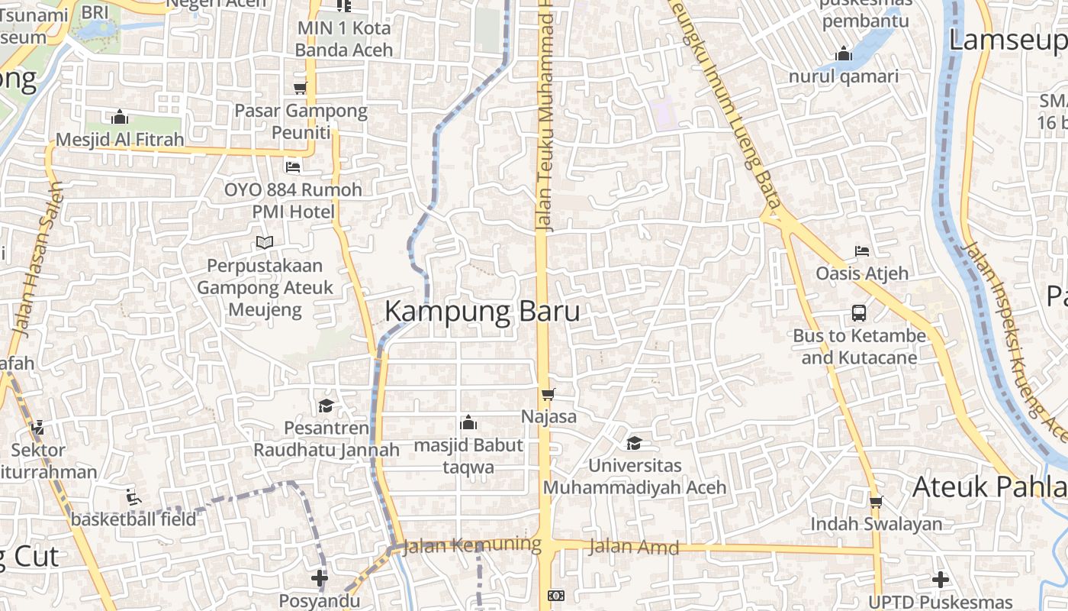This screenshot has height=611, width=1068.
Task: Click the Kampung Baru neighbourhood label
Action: [482, 312]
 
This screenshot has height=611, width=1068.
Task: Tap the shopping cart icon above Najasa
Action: [548, 395]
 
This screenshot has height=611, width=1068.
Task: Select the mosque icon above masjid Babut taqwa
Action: [468, 422]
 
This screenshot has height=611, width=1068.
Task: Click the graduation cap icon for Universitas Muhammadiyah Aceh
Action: [634, 443]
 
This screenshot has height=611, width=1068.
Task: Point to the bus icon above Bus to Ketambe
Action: [859, 312]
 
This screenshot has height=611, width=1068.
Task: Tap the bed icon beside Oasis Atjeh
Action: [862, 251]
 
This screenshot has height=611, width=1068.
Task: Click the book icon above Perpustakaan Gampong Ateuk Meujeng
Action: [265, 242]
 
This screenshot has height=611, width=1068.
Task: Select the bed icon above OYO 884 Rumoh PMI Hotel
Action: [293, 166]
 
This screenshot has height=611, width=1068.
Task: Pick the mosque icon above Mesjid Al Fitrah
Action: [120, 118]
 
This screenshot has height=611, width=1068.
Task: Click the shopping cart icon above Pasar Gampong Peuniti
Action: [301, 88]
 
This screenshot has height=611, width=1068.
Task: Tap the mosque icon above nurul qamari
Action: [844, 54]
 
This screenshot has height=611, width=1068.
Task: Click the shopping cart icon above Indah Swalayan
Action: [876, 502]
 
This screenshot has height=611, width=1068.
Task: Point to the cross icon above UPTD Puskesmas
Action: [941, 580]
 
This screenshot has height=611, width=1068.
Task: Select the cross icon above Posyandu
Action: [320, 578]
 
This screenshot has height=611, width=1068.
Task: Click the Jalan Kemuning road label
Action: [471, 545]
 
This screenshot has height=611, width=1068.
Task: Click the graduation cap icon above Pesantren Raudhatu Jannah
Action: [327, 406]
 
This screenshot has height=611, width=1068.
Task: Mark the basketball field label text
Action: [133, 519]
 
